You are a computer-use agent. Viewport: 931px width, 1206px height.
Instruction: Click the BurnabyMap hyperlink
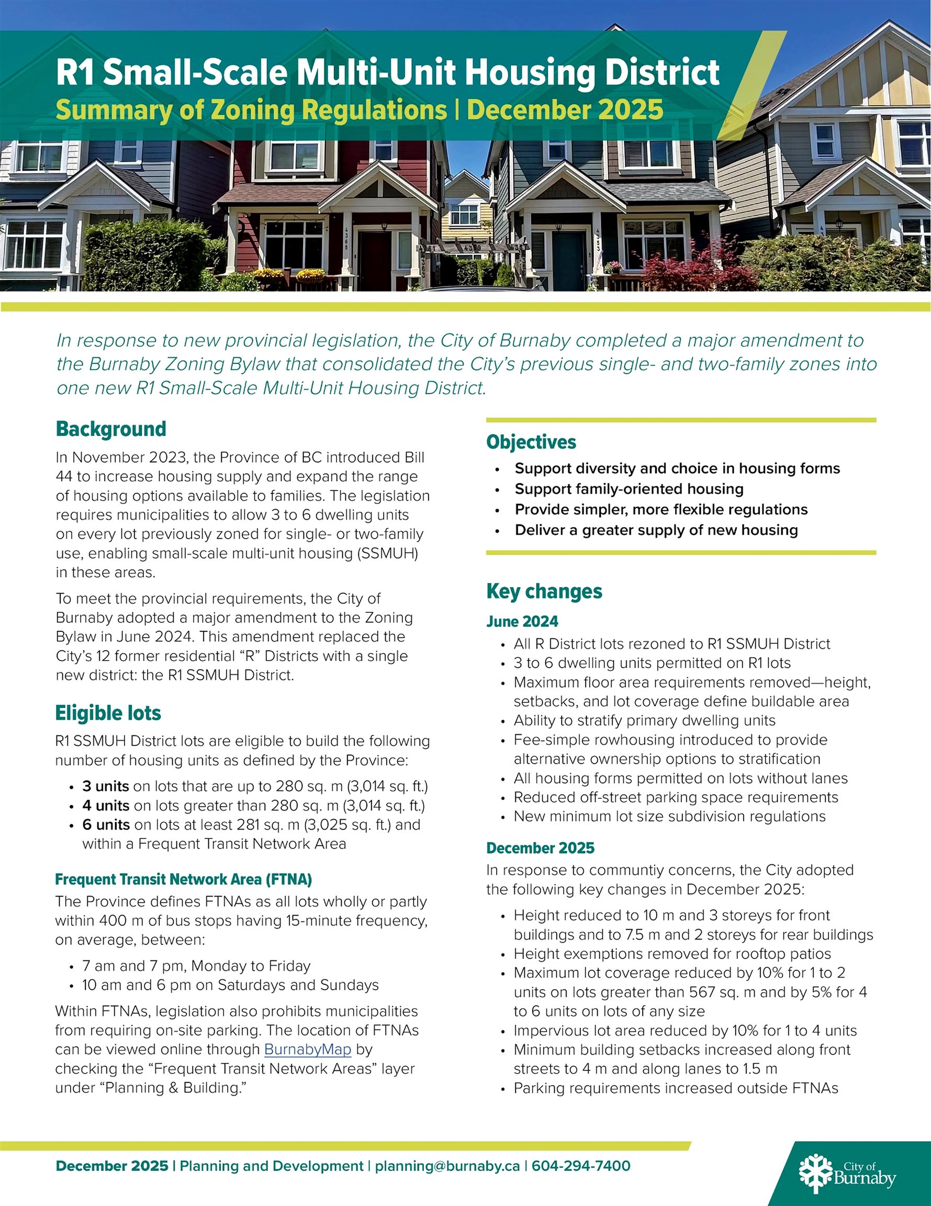pyautogui.click(x=308, y=1049)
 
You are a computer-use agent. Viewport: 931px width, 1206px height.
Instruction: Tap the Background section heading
pyautogui.click(x=111, y=429)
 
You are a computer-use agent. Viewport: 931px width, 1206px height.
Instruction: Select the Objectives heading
pyautogui.click(x=531, y=442)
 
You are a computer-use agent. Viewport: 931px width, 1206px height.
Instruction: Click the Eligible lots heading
pyautogui.click(x=108, y=713)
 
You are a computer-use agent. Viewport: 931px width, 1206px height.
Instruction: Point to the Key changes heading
pyautogui.click(x=544, y=591)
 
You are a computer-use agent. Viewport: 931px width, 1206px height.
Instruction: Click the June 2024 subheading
pyautogui.click(x=522, y=621)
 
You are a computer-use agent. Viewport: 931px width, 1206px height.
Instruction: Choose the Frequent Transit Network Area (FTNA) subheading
pyautogui.click(x=183, y=879)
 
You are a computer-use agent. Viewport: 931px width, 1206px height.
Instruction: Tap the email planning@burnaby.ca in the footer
pyautogui.click(x=447, y=1166)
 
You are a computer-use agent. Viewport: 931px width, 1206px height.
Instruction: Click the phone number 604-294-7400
pyautogui.click(x=581, y=1166)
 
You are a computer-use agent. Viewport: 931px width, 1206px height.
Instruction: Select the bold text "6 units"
pyautogui.click(x=106, y=824)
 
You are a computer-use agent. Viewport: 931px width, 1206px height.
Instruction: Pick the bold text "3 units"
pyautogui.click(x=106, y=786)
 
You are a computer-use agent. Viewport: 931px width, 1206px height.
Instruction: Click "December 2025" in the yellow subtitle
pyautogui.click(x=565, y=109)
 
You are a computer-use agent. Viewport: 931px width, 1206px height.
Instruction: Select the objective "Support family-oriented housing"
pyautogui.click(x=629, y=489)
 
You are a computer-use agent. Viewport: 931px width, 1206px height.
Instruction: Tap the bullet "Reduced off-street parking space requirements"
pyautogui.click(x=675, y=797)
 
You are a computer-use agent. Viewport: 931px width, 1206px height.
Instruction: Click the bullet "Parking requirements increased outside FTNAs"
pyautogui.click(x=675, y=1088)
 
